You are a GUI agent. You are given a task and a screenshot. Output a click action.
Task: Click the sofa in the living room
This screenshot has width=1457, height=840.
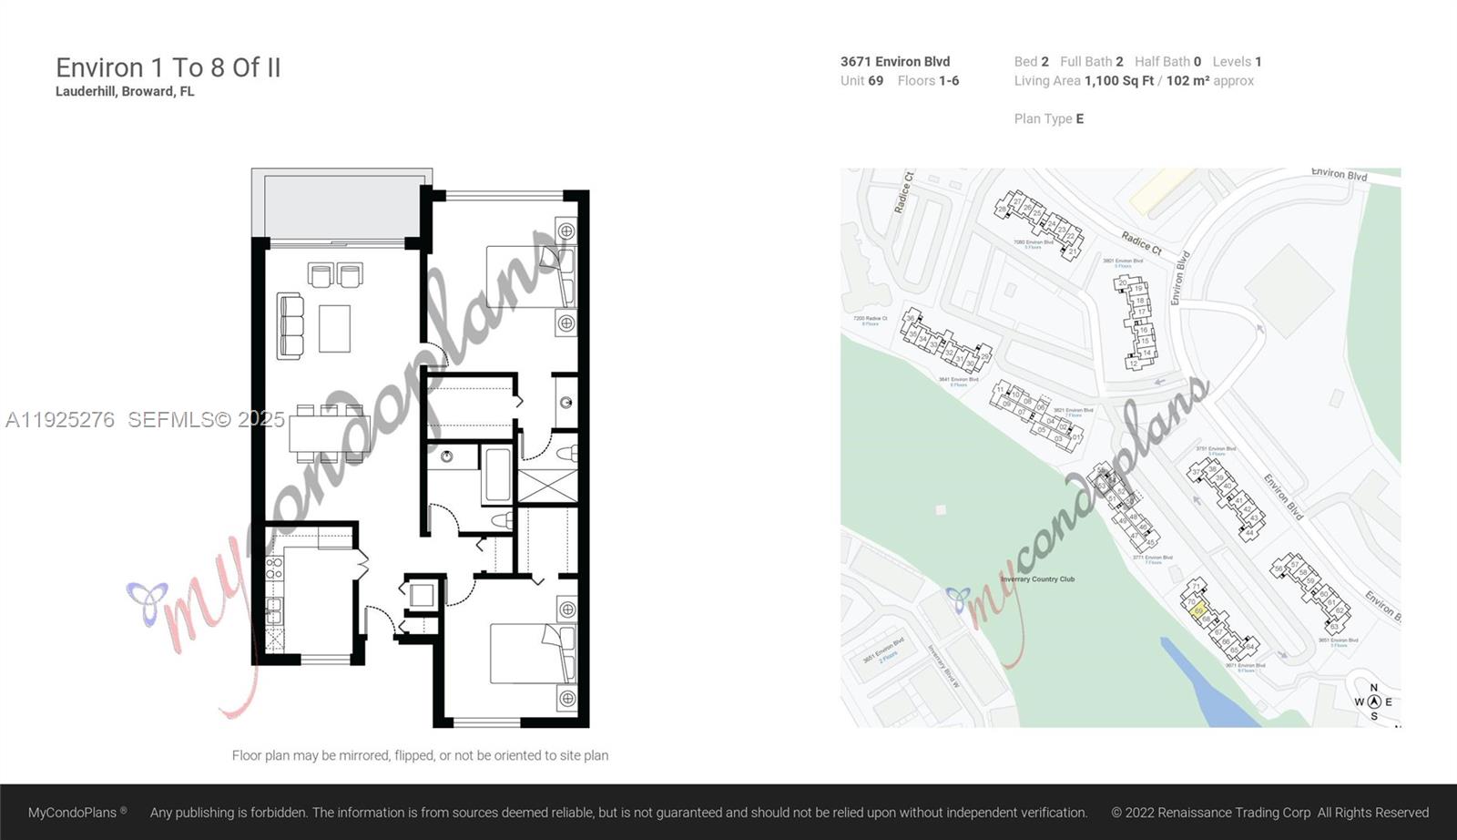[290, 325]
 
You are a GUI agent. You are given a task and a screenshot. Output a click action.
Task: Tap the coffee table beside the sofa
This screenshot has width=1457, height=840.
[334, 328]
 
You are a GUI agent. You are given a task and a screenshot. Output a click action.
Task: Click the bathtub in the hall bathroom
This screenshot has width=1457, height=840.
[497, 474]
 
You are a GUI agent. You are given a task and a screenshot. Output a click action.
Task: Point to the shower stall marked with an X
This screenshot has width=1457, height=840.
[548, 484]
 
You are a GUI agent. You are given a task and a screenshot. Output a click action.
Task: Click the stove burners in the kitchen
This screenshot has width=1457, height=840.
[274, 569]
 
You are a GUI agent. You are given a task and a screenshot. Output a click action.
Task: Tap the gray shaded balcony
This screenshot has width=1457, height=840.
[341, 204]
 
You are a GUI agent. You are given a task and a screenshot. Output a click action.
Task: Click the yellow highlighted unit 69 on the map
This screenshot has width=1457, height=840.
[1199, 610]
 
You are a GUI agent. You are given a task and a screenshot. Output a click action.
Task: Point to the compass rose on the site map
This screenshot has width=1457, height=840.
[1373, 702]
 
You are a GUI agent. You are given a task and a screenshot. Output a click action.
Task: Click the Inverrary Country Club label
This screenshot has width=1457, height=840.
[1037, 579]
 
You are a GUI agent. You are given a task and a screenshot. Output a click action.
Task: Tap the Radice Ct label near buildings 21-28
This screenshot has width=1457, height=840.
[1141, 242]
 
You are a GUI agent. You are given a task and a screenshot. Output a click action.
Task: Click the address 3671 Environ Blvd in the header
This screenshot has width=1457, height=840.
[894, 62]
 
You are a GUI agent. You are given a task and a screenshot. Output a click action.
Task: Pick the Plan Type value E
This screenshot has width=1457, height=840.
[1079, 119]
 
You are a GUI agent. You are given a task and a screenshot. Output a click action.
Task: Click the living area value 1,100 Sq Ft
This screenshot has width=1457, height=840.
[1118, 81]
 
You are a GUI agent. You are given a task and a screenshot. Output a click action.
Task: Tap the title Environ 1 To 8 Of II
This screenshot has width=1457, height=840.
[168, 68]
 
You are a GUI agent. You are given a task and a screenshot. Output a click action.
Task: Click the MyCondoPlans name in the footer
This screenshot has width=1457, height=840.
[73, 813]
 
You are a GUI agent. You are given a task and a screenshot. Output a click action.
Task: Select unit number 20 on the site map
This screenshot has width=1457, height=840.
[1123, 283]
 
